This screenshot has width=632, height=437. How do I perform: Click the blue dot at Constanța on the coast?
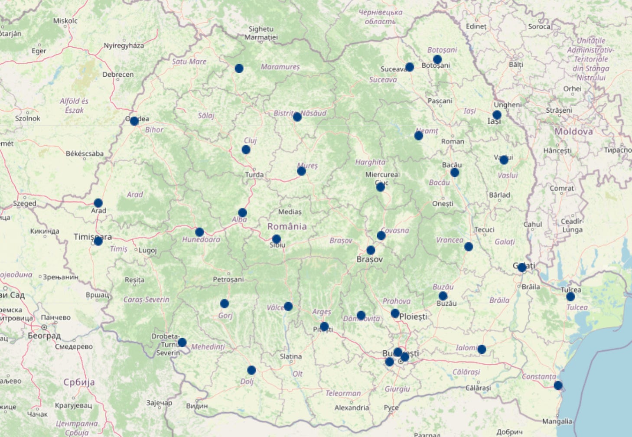[558, 385]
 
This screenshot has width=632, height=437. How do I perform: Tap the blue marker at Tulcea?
[570, 297]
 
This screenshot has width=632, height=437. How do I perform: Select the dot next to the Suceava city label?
[409, 67]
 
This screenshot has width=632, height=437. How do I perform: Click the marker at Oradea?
[134, 121]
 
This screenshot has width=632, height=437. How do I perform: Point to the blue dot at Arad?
[98, 203]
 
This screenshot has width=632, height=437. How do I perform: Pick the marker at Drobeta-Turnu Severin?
[182, 342]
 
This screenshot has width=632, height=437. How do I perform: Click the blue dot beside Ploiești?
[395, 313]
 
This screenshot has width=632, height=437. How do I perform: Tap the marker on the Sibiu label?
[276, 239]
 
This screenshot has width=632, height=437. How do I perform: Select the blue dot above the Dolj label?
[251, 370]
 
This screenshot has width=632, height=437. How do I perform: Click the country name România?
[287, 226]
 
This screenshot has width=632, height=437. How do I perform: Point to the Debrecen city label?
[118, 75]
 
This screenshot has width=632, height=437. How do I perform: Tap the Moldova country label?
[573, 131]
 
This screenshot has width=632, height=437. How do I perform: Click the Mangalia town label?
[557, 421]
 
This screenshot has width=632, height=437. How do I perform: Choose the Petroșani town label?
[228, 279]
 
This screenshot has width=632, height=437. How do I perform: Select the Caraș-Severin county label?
[146, 300]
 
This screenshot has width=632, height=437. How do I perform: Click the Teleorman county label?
[343, 393]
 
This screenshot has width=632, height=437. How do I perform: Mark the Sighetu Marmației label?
[261, 33]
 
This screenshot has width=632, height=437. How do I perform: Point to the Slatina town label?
[290, 356]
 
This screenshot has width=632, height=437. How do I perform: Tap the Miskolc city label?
[65, 21]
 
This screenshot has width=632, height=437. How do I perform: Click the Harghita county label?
[370, 162]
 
